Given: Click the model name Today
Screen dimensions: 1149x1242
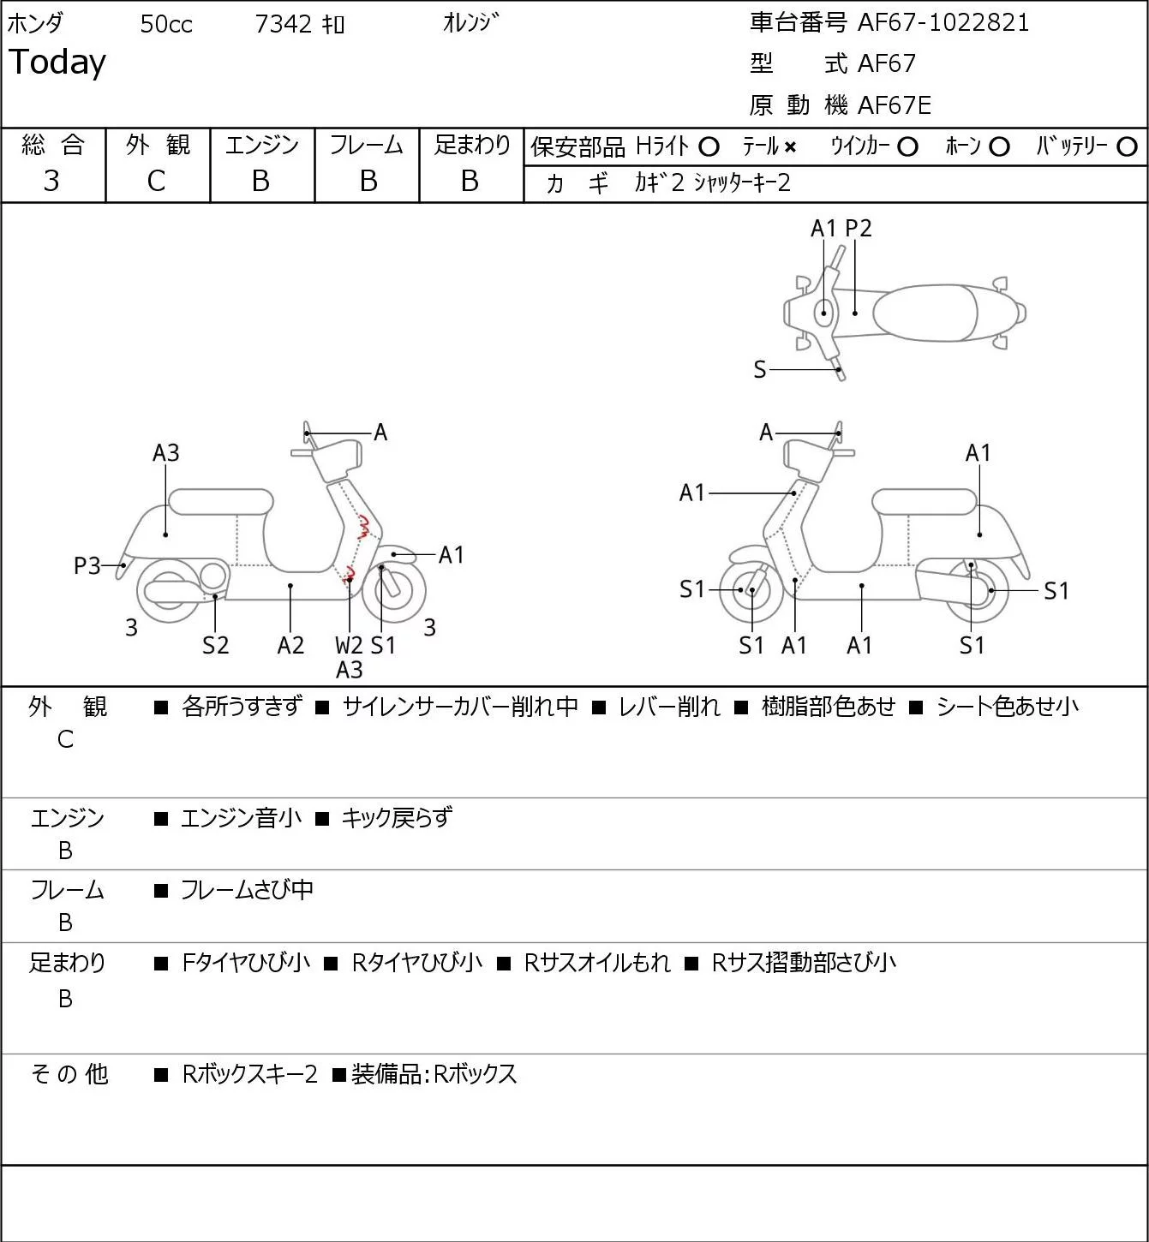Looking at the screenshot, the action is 57,63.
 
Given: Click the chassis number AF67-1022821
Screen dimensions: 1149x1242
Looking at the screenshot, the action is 943,23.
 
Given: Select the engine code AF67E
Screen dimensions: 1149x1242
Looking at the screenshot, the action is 895,105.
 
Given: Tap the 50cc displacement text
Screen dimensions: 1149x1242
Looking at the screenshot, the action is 166,24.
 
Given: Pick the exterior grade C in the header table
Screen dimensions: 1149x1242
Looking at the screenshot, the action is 156,181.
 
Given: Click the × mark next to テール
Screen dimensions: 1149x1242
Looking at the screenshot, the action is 790,147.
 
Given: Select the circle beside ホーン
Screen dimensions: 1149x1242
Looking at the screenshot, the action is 999,147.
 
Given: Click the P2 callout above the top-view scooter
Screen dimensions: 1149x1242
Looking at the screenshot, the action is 858,228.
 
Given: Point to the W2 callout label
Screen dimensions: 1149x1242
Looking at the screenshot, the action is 349,645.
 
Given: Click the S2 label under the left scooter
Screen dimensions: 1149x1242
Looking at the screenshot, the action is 215,645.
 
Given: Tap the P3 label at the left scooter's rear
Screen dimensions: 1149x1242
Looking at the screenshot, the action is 87,566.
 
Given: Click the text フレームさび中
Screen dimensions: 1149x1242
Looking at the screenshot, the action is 247,889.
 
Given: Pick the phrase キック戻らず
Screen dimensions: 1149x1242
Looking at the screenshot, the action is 396,817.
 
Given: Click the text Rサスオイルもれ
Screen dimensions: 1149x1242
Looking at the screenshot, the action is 597,963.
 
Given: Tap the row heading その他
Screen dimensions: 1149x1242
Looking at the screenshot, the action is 69,1074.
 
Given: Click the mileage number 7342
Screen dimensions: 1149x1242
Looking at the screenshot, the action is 283,24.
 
